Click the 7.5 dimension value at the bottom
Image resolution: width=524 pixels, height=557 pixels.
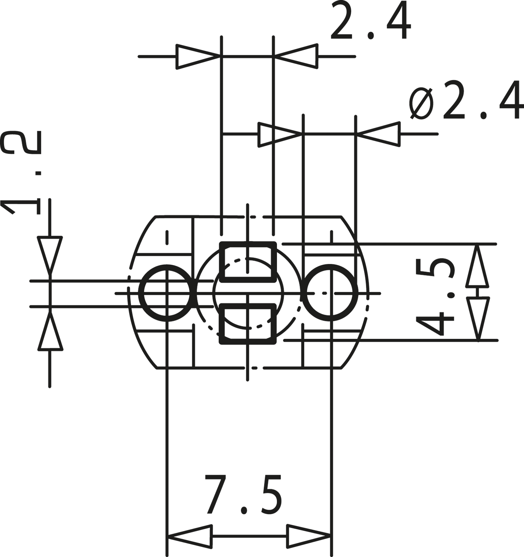tap(243, 494)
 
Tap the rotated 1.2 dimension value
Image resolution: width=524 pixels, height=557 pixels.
tap(21, 173)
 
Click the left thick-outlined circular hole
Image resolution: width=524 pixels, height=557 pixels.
tap(167, 293)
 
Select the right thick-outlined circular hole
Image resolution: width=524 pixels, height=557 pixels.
tap(330, 293)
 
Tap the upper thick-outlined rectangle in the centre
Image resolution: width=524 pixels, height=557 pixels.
tap(248, 262)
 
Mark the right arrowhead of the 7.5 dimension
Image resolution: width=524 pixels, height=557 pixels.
tap(309, 536)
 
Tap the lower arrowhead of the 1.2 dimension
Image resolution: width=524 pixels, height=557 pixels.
tap(50, 332)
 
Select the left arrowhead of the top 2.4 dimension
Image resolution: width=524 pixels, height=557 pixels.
tap(198, 57)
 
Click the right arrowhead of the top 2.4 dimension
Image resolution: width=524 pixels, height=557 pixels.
tap(296, 57)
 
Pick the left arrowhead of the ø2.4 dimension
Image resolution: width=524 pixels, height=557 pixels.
tap(280, 134)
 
